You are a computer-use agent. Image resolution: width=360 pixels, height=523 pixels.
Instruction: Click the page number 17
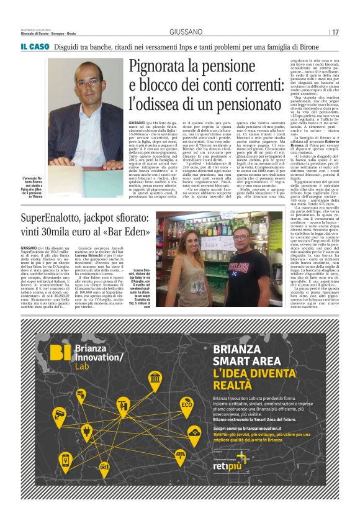(x=335, y=32)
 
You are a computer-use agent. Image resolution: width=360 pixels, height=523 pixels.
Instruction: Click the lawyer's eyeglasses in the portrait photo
(x=88, y=82)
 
